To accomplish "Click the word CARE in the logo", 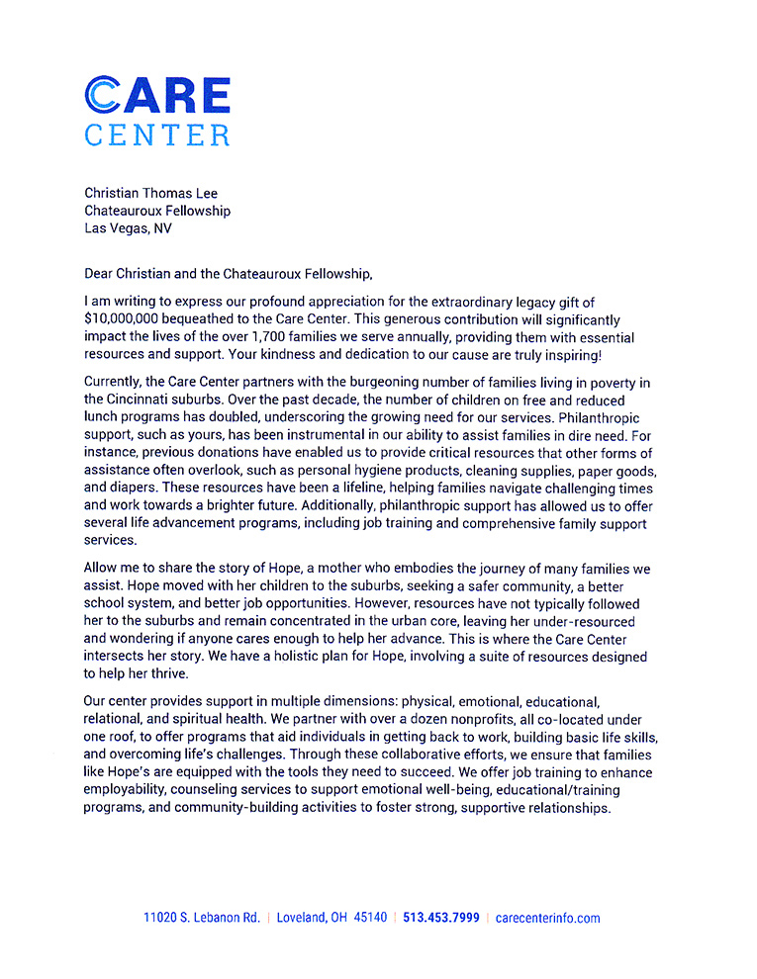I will (x=157, y=95).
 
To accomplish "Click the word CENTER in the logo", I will (x=157, y=134).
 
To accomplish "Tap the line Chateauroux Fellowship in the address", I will (x=157, y=211).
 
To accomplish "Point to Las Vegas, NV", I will (x=130, y=228).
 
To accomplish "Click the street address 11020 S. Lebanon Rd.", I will (x=202, y=918).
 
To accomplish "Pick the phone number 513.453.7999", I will (x=440, y=918).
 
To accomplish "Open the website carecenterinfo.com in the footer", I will (x=547, y=918).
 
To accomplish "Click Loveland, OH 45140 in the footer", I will (x=331, y=918).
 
